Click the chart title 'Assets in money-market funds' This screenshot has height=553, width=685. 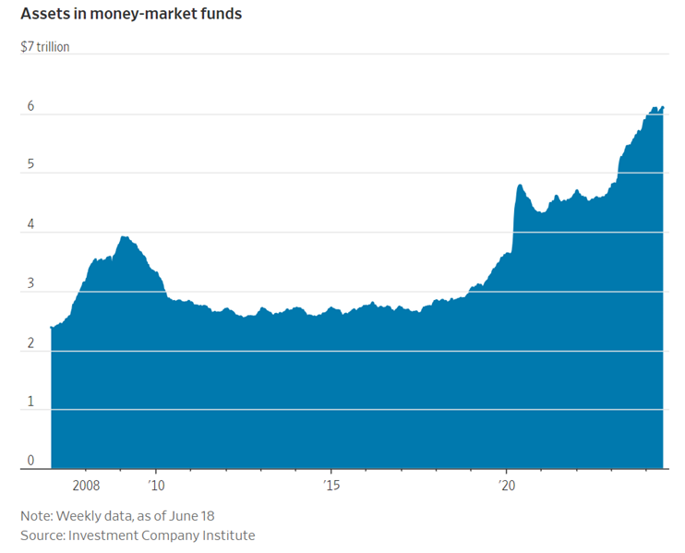(x=131, y=15)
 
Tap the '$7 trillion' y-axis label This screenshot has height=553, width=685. (x=45, y=46)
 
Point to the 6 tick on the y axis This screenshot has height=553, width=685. (x=30, y=106)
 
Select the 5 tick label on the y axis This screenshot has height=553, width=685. (x=30, y=165)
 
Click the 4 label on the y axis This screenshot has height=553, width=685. (x=30, y=224)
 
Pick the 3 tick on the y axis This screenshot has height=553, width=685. (x=30, y=283)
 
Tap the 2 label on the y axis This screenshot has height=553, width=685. (x=30, y=343)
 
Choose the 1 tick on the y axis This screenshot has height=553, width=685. (x=30, y=402)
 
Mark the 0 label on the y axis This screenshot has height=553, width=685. (x=30, y=461)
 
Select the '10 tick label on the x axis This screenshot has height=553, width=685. (x=156, y=485)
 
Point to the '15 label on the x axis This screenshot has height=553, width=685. (x=331, y=485)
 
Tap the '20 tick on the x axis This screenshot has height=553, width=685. (x=506, y=485)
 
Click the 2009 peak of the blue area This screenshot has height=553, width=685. (x=124, y=236)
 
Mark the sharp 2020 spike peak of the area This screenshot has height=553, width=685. (x=520, y=186)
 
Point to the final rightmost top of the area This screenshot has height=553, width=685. (x=662, y=108)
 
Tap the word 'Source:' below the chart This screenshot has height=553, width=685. (x=43, y=535)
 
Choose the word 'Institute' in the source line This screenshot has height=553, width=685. (x=225, y=535)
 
